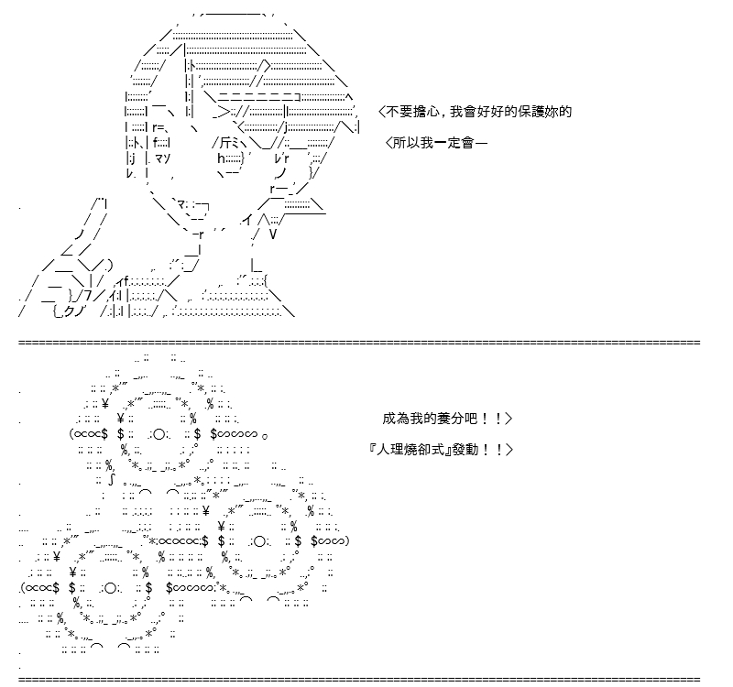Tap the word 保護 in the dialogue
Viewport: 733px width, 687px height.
[531, 112]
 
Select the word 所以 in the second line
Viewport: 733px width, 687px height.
[406, 143]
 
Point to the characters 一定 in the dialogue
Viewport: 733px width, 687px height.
[448, 143]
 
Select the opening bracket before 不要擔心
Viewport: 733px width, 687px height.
[381, 112]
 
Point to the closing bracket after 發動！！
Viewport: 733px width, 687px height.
[509, 450]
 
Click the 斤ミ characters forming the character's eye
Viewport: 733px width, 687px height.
[230, 143]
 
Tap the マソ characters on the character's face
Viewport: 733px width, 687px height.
[162, 158]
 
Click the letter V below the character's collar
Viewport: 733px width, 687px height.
[273, 234]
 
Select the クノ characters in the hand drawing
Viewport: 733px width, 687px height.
[73, 311]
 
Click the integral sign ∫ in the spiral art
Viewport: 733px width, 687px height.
[111, 480]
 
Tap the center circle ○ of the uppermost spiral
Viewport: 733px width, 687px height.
[159, 434]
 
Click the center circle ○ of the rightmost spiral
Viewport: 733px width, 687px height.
[259, 541]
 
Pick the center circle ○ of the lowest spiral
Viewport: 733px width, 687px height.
[110, 588]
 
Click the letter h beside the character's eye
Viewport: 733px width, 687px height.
[221, 158]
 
